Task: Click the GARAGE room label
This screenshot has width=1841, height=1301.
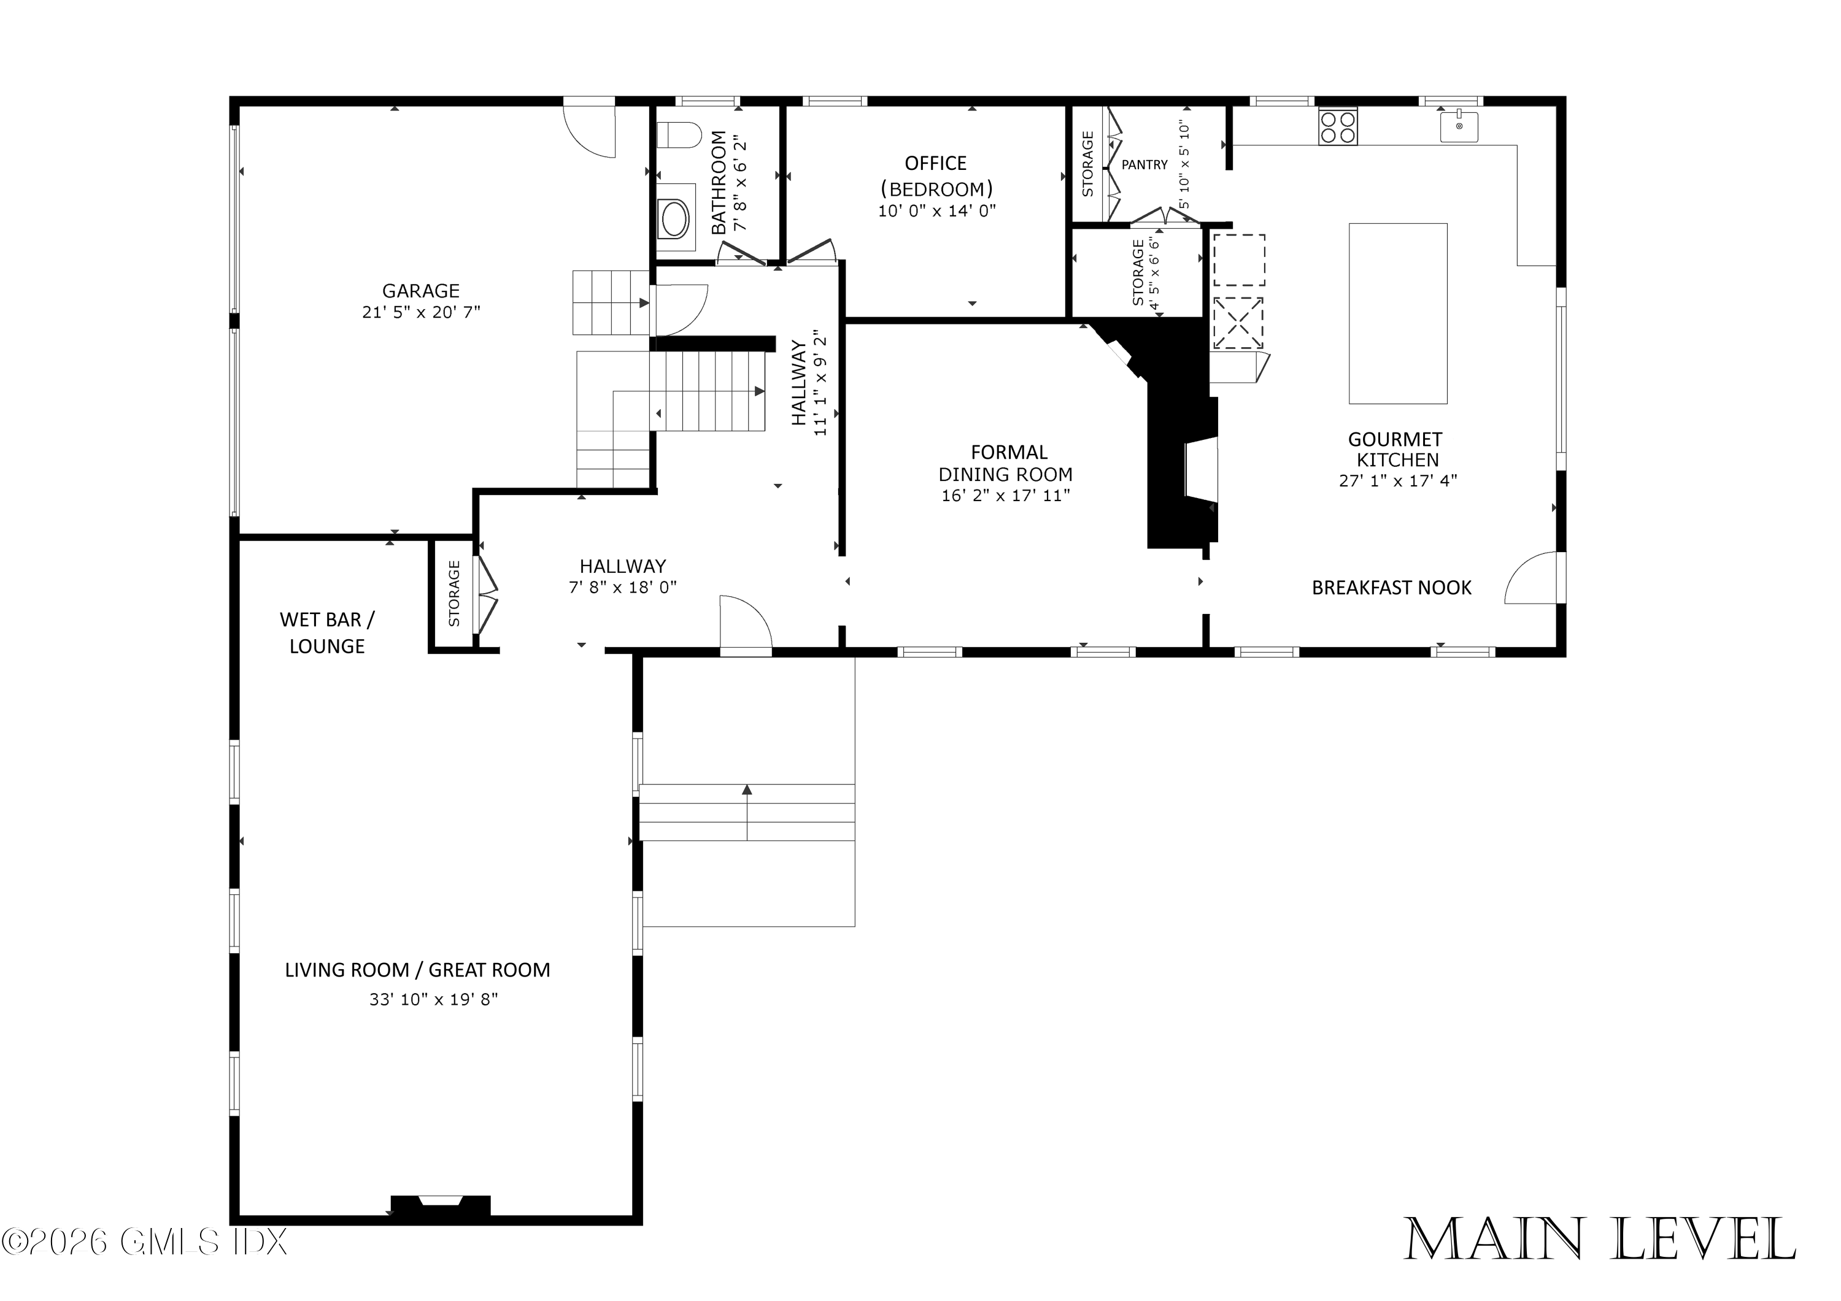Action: pyautogui.click(x=420, y=290)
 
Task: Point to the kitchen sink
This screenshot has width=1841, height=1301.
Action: pyautogui.click(x=1459, y=126)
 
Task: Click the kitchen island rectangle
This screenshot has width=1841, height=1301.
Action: pyautogui.click(x=1397, y=313)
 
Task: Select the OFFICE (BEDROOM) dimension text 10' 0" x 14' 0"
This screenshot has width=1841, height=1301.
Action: pyautogui.click(x=936, y=211)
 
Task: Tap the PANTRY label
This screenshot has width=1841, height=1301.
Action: pyautogui.click(x=1144, y=164)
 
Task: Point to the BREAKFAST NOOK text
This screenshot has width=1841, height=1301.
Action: pyautogui.click(x=1391, y=588)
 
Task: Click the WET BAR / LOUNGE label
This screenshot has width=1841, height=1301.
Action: pyautogui.click(x=326, y=632)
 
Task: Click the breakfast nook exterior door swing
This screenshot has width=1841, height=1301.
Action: pyautogui.click(x=1533, y=579)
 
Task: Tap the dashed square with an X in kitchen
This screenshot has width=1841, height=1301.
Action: pyautogui.click(x=1237, y=323)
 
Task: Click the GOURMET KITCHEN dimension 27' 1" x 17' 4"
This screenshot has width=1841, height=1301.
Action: pyautogui.click(x=1397, y=481)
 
